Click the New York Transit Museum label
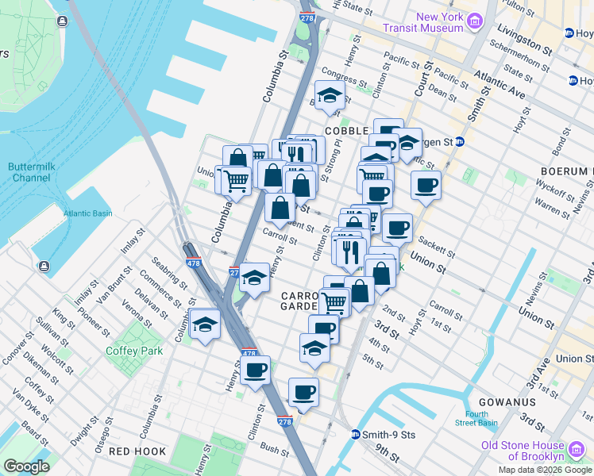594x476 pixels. [439, 22]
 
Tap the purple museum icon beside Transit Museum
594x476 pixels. [475, 20]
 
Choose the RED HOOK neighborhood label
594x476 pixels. [137, 451]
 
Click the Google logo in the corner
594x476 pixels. [25, 466]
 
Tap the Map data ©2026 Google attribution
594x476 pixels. [545, 470]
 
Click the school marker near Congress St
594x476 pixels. [330, 97]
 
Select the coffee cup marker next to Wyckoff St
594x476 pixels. [426, 186]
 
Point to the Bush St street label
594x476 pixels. [275, 449]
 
